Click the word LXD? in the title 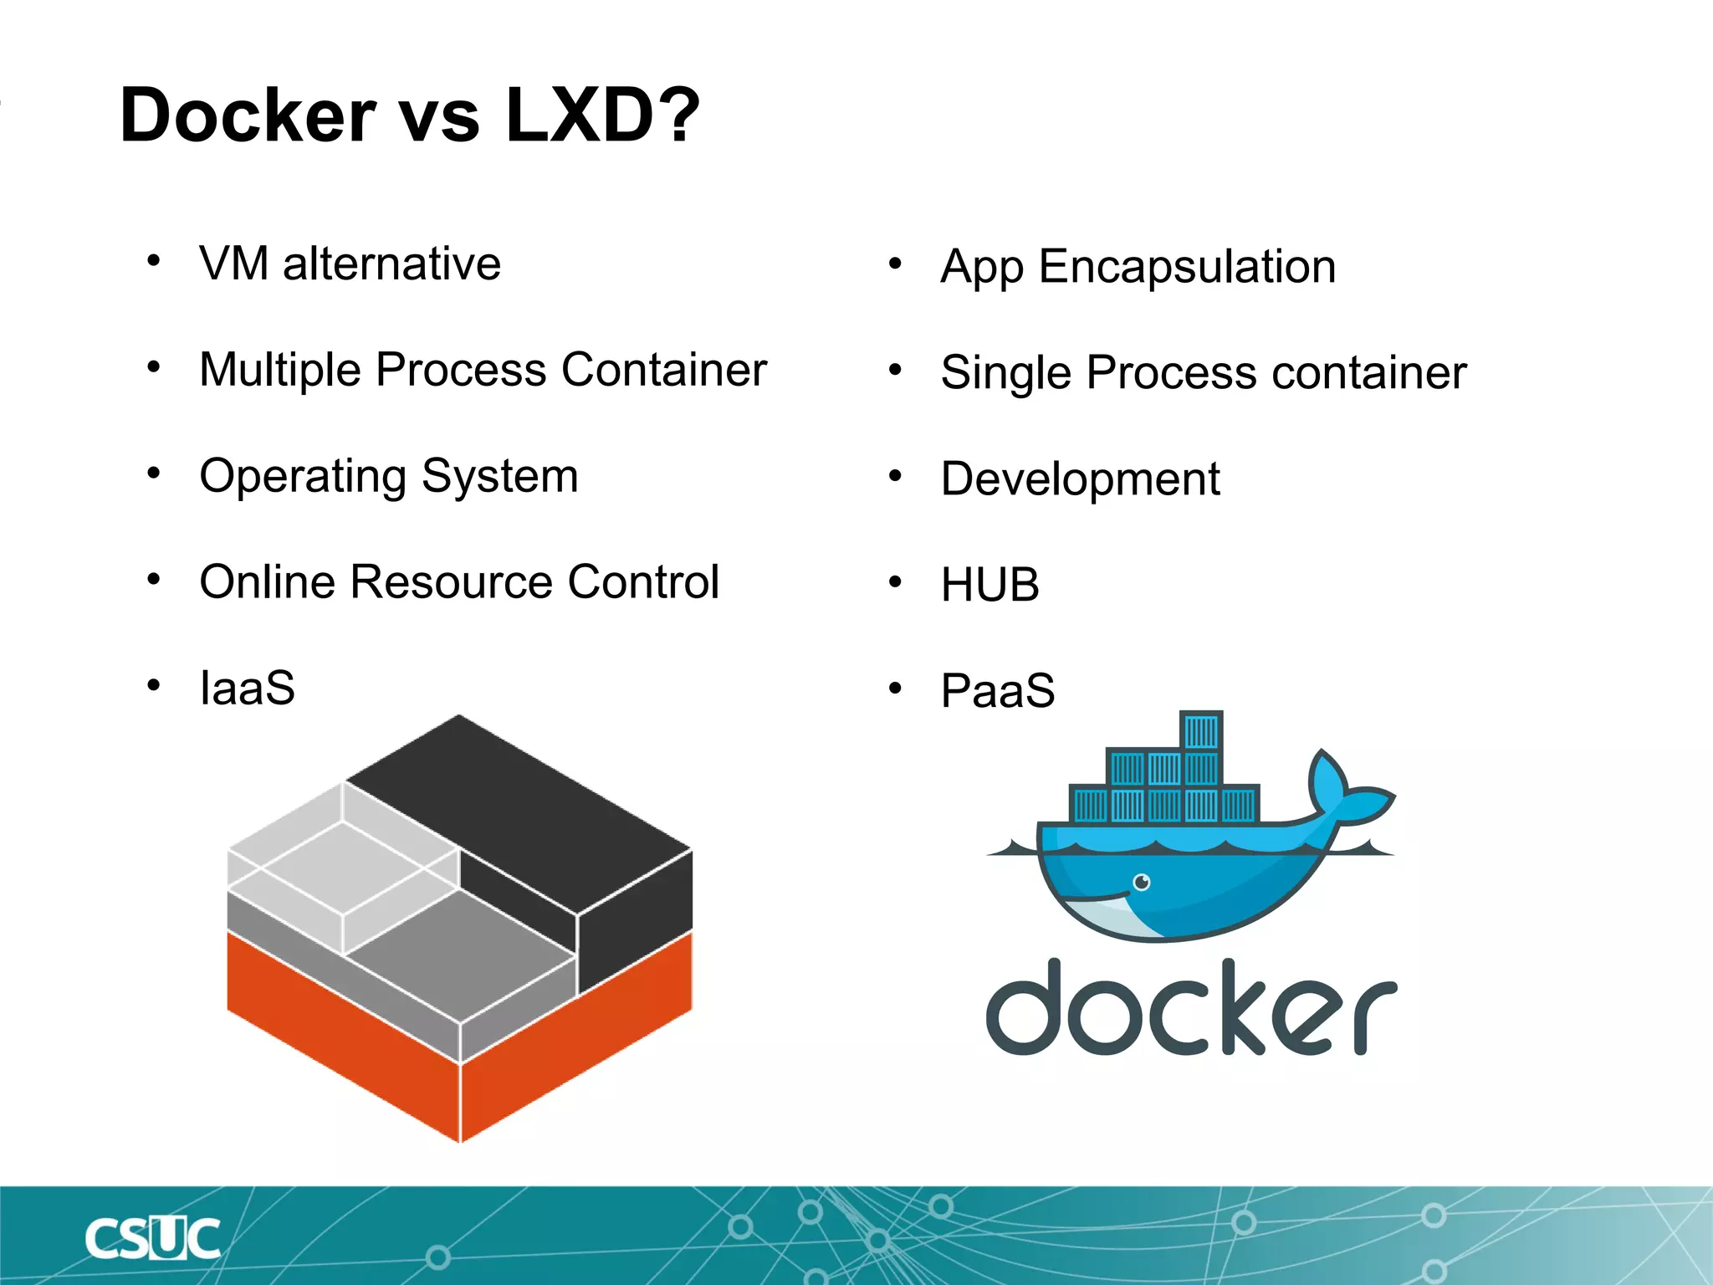pos(602,115)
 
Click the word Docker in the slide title pos(248,115)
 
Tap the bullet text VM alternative pos(350,264)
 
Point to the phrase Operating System pos(389,477)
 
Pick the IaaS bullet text pos(248,689)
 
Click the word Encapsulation pos(1187,268)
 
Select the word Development pos(1080,479)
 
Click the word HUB pos(989,585)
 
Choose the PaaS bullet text pos(998,691)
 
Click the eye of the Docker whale pos(1142,882)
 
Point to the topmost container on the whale pos(1201,731)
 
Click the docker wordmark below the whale pos(1191,1007)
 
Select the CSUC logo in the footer pos(152,1239)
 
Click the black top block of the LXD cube pos(519,803)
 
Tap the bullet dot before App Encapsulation pos(895,264)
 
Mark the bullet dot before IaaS pos(153,686)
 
